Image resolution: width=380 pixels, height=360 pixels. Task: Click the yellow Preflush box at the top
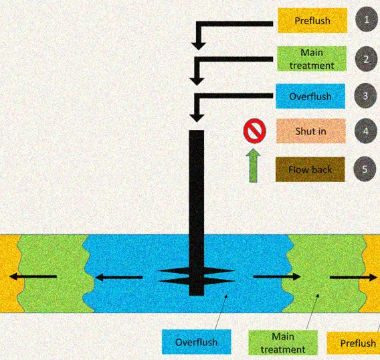312,20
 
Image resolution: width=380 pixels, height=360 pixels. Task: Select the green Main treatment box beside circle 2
312,59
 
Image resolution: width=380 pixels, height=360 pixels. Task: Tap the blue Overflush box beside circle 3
310,96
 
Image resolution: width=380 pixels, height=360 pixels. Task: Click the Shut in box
310,131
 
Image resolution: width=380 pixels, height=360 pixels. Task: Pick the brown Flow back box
310,169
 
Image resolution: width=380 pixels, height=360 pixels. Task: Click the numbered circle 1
367,19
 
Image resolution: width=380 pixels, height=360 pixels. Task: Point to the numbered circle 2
366,59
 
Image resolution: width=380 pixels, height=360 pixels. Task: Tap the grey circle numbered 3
365,96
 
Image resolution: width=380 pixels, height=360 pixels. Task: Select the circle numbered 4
365,131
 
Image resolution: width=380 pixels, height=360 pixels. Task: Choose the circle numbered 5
365,169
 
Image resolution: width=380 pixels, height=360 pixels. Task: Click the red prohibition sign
254,130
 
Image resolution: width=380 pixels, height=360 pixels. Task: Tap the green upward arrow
254,165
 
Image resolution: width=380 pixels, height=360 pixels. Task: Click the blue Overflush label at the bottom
197,342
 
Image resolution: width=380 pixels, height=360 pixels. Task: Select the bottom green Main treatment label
283,343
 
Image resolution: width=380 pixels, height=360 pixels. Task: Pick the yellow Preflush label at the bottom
354,343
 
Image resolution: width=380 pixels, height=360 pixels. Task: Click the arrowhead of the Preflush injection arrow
199,46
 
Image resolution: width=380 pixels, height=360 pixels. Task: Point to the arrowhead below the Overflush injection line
197,118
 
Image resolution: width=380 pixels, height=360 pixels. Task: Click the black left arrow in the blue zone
119,277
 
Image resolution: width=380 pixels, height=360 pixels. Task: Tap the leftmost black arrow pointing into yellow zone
33,276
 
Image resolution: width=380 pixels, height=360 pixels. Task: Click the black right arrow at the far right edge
353,277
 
